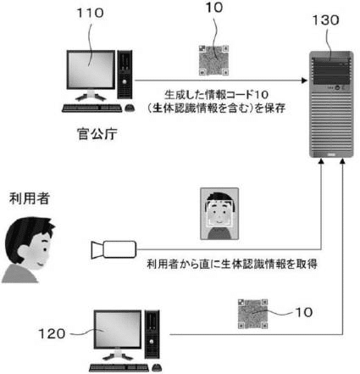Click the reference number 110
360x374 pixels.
pos(91,13)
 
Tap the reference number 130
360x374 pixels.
pos(325,20)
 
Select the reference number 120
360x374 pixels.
pos(52,334)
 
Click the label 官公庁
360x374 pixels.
pos(97,134)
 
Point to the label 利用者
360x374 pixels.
pos(30,198)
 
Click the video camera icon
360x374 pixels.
pos(114,249)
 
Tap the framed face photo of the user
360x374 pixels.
pos(219,214)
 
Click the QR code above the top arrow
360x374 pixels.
pos(213,60)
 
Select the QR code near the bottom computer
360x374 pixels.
pos(252,314)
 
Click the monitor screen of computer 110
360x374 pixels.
pos(91,70)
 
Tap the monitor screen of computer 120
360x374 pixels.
pos(118,329)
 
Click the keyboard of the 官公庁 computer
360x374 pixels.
pos(92,109)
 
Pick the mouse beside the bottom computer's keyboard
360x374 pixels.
pos(157,367)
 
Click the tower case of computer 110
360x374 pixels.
pos(125,75)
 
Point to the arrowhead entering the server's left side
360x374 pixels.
pos(304,81)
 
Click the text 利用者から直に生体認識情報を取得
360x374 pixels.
pos(232,264)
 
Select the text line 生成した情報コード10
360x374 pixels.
pos(216,95)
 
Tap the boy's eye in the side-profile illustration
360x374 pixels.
pos(45,249)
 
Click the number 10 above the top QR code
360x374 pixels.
pos(214,8)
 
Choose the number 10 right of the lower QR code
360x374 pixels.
pos(304,312)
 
